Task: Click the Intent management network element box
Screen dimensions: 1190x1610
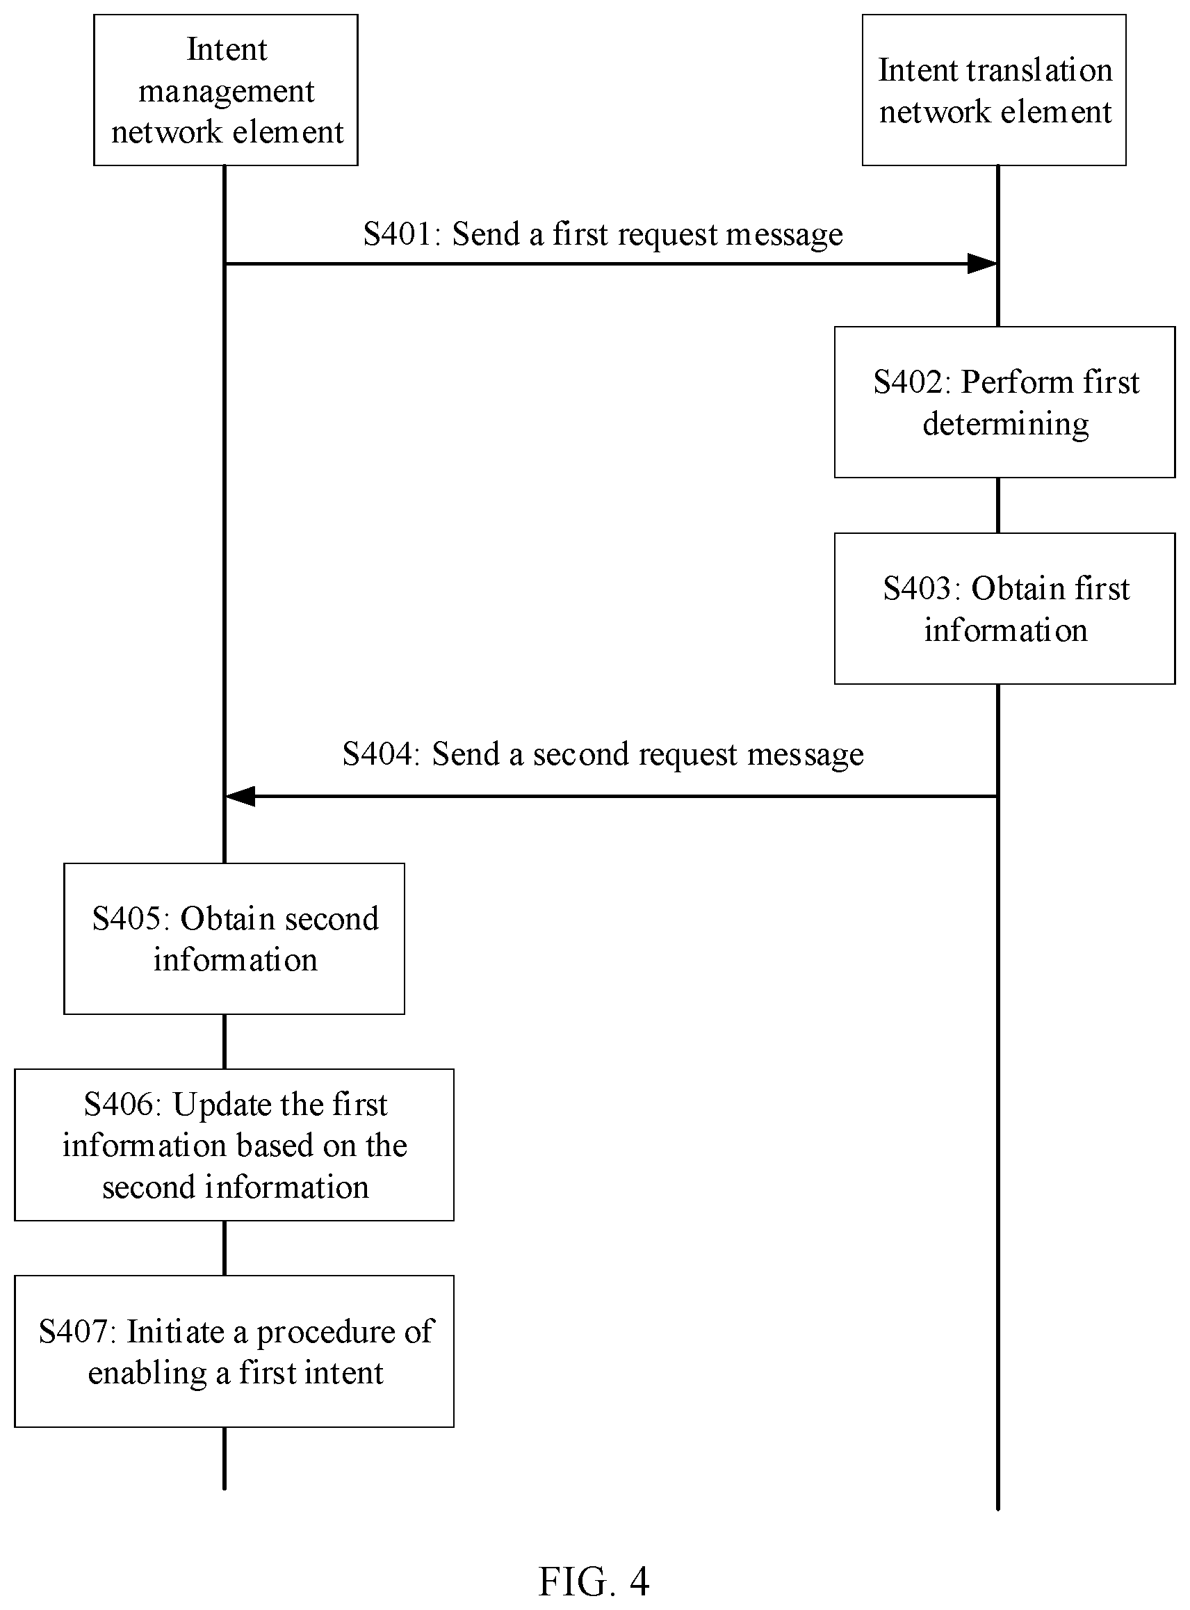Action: (225, 90)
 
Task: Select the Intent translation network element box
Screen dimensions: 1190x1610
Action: (994, 90)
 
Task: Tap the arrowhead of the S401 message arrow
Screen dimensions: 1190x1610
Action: (983, 263)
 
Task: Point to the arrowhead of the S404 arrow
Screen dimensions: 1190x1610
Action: (241, 796)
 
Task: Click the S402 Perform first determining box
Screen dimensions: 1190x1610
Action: (1005, 402)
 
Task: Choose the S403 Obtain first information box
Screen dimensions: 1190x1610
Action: (1005, 609)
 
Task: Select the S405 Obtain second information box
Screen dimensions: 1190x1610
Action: (234, 938)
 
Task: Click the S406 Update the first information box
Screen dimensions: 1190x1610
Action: (234, 1145)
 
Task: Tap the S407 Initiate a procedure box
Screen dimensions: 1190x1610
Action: (234, 1351)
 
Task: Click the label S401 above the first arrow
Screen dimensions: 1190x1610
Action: (401, 234)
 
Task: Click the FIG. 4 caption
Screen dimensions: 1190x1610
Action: (594, 1582)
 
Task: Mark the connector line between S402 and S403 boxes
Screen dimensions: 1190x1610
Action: (997, 505)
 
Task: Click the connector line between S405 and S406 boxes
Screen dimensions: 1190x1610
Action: (225, 1041)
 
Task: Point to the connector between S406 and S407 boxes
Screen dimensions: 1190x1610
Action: (225, 1249)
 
